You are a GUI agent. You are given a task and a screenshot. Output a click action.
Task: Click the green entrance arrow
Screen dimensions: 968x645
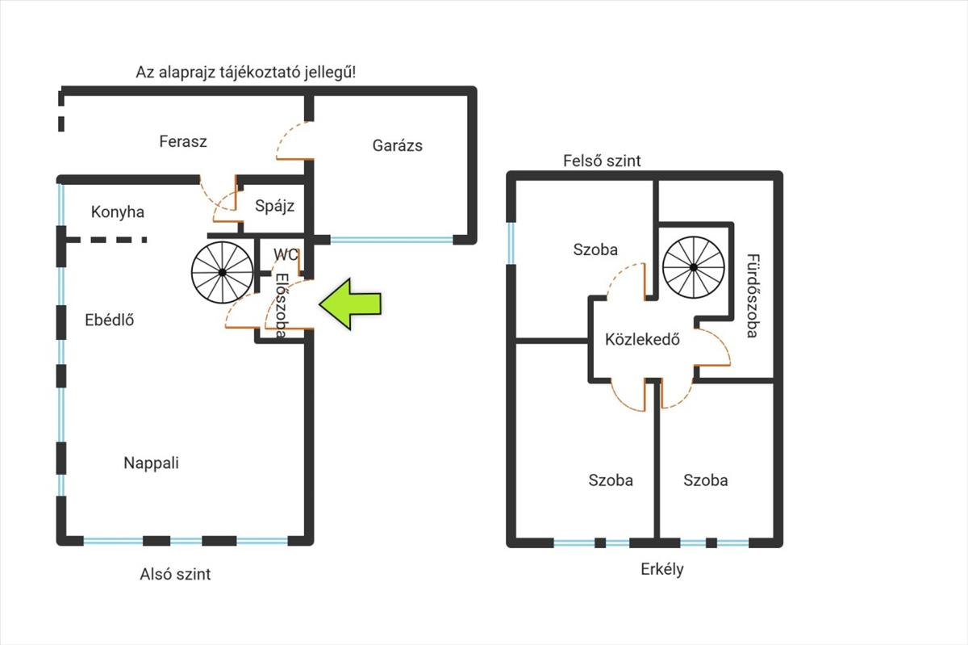point(350,304)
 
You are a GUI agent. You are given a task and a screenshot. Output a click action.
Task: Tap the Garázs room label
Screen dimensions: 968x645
point(397,146)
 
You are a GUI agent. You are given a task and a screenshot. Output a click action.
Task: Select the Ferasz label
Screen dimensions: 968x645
point(183,141)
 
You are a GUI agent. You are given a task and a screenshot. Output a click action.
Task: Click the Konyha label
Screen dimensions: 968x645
point(118,212)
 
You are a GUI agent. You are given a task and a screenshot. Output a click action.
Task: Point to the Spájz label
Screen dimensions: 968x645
point(274,206)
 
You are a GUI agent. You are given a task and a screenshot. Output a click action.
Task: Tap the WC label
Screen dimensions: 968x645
point(286,254)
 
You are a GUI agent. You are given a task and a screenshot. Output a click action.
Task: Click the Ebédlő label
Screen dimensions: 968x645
point(110,320)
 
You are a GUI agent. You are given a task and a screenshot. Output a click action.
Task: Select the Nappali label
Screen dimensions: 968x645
point(151,463)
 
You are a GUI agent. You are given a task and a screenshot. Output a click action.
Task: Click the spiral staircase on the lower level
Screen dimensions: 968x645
point(222,272)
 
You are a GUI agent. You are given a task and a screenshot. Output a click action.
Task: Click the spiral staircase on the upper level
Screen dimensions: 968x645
point(694,267)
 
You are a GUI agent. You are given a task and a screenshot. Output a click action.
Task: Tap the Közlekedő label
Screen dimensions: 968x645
point(642,339)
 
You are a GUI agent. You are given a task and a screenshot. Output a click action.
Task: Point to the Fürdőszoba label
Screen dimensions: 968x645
point(753,295)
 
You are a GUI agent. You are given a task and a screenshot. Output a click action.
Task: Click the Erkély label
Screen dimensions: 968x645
point(662,569)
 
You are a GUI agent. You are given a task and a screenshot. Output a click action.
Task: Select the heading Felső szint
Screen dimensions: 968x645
point(602,161)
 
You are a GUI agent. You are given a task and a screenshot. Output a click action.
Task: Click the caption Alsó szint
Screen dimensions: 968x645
point(175,574)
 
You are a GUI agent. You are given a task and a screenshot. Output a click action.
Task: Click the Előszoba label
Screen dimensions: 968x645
point(282,305)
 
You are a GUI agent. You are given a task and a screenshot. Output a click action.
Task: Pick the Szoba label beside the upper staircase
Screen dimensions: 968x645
point(595,249)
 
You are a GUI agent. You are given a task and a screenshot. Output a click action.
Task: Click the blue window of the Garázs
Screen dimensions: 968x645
point(391,239)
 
